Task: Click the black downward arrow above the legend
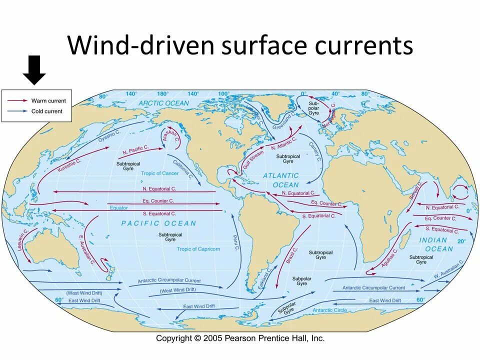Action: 34,70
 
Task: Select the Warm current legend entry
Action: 48,101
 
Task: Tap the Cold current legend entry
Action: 47,111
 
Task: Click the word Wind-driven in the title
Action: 140,45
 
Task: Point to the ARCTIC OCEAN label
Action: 164,103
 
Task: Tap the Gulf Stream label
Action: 253,159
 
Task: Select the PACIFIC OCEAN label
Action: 158,223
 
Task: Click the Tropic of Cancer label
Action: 159,173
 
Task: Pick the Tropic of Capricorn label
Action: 198,249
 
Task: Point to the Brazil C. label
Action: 291,255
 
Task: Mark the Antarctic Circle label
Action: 329,310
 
